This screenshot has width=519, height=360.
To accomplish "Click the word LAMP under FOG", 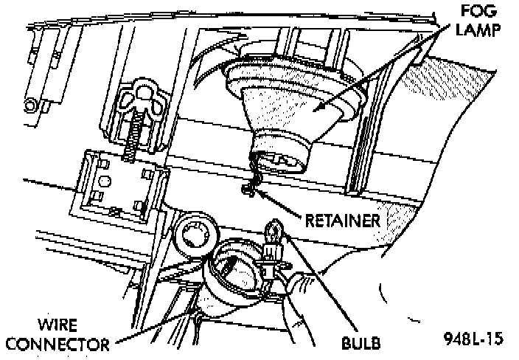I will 475,30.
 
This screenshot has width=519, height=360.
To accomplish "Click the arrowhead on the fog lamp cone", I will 317,108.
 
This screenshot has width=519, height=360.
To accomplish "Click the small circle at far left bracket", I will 30,103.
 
